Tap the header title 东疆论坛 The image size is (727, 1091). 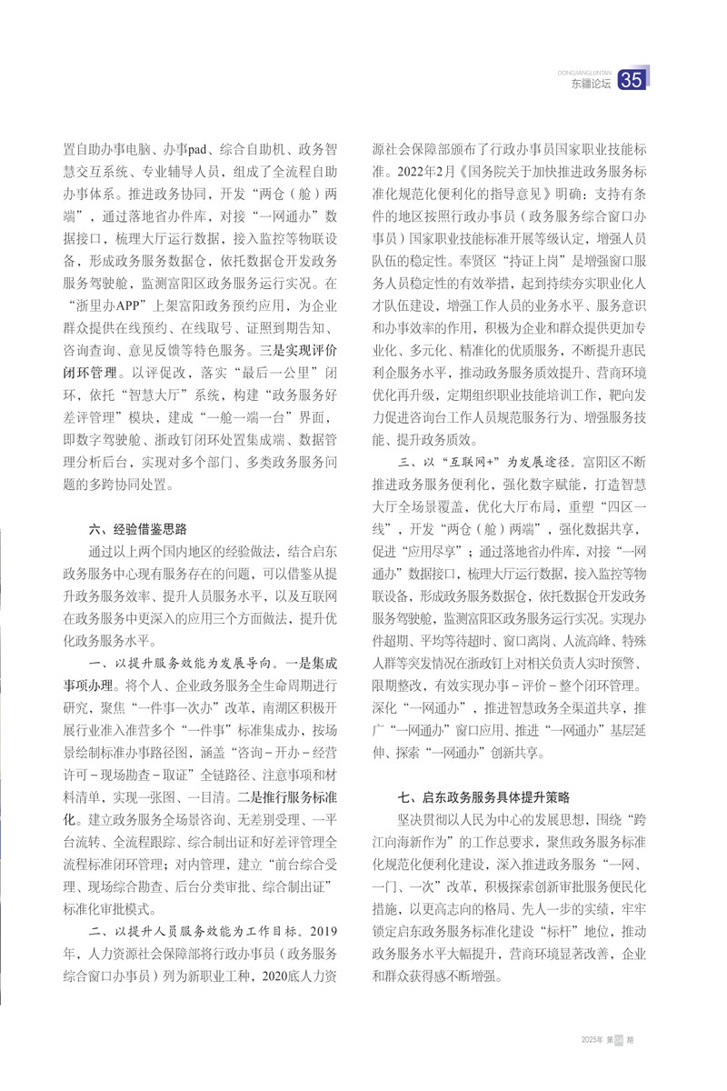pyautogui.click(x=591, y=85)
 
